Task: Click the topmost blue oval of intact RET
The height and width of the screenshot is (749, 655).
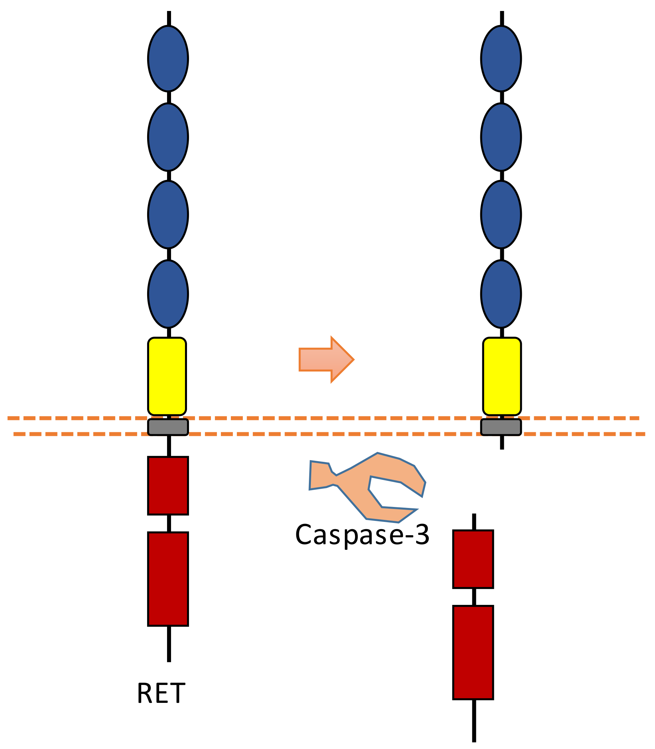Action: click(x=168, y=58)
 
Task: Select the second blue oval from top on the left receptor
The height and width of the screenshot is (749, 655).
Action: click(x=168, y=137)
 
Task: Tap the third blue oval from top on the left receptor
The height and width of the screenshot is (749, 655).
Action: click(x=168, y=214)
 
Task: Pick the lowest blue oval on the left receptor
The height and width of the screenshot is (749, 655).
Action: click(x=168, y=294)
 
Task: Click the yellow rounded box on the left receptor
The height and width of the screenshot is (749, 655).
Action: click(x=167, y=376)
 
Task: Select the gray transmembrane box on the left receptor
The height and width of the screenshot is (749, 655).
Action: click(x=168, y=427)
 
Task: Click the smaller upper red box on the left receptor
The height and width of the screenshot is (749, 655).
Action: click(x=168, y=486)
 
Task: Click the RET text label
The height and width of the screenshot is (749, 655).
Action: click(x=161, y=694)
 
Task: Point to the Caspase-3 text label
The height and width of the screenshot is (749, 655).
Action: click(x=362, y=535)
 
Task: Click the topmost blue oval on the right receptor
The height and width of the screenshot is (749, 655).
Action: click(x=501, y=58)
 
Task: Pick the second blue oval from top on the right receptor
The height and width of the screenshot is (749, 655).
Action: click(x=501, y=137)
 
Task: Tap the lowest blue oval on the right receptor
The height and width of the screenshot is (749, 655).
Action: click(x=501, y=294)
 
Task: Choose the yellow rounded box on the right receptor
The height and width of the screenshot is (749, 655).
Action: click(x=502, y=376)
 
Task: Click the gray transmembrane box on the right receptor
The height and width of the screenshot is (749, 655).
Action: click(x=501, y=427)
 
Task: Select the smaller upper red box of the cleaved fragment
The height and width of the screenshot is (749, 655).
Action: click(x=473, y=559)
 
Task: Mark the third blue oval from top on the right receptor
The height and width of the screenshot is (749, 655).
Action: click(x=501, y=214)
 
